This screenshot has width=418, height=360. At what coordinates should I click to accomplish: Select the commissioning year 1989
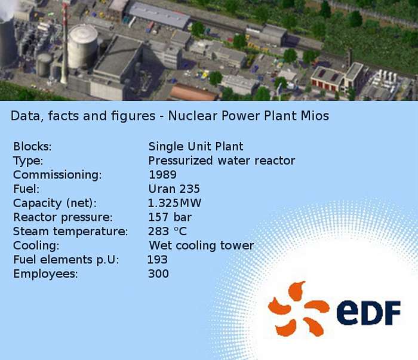[x=162, y=175]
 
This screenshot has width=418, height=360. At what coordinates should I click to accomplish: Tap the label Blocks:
[x=32, y=146]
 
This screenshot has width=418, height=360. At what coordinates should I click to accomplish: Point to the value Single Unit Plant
[x=196, y=146]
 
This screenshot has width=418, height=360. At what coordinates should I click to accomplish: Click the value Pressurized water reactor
[x=222, y=161]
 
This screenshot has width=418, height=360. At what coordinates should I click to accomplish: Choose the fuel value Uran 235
[x=174, y=189]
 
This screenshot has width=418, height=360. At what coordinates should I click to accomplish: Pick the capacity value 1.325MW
[x=174, y=203]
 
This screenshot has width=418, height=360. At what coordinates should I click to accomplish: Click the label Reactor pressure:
[x=63, y=217]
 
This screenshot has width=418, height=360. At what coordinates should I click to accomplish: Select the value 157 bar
[x=170, y=217]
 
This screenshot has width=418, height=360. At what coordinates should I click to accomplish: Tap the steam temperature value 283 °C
[x=167, y=231]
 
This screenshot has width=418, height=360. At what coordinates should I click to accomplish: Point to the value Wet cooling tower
[x=201, y=245]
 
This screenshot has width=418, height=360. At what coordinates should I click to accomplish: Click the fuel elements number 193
[x=157, y=260]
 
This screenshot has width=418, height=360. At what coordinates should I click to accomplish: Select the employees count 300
[x=158, y=273]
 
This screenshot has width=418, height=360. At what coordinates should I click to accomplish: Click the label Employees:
[x=45, y=274]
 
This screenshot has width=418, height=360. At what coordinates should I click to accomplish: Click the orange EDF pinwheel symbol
[x=299, y=309]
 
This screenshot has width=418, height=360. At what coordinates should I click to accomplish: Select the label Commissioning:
[x=57, y=175]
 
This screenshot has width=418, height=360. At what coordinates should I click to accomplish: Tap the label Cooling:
[x=36, y=246]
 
